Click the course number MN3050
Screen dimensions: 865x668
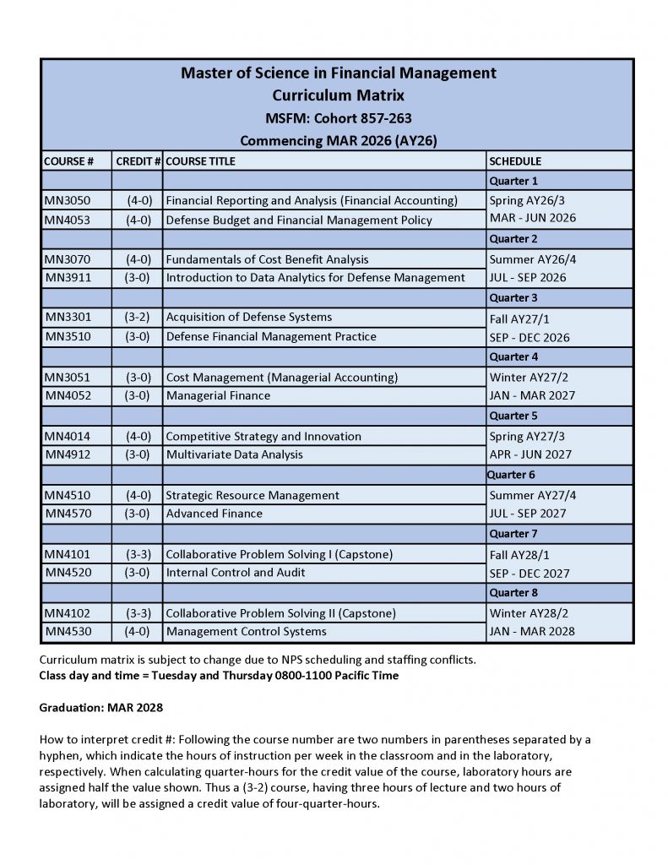pyautogui.click(x=67, y=201)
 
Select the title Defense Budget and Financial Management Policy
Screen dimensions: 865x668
pyautogui.click(x=298, y=220)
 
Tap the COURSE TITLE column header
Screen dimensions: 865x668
pyautogui.click(x=200, y=160)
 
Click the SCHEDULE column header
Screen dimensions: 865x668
pyautogui.click(x=515, y=160)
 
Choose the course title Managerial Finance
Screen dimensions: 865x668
pyautogui.click(x=218, y=395)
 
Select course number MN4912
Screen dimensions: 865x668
pyautogui.click(x=67, y=454)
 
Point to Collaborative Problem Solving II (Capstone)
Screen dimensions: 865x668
pyautogui.click(x=280, y=613)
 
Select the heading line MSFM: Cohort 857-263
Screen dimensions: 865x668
pyautogui.click(x=338, y=118)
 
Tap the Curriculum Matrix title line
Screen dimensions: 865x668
pyautogui.click(x=338, y=95)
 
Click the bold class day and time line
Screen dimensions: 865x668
pyautogui.click(x=219, y=676)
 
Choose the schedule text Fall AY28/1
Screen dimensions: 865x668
pyautogui.click(x=519, y=555)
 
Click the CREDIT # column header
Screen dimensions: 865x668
pyautogui.click(x=138, y=160)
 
